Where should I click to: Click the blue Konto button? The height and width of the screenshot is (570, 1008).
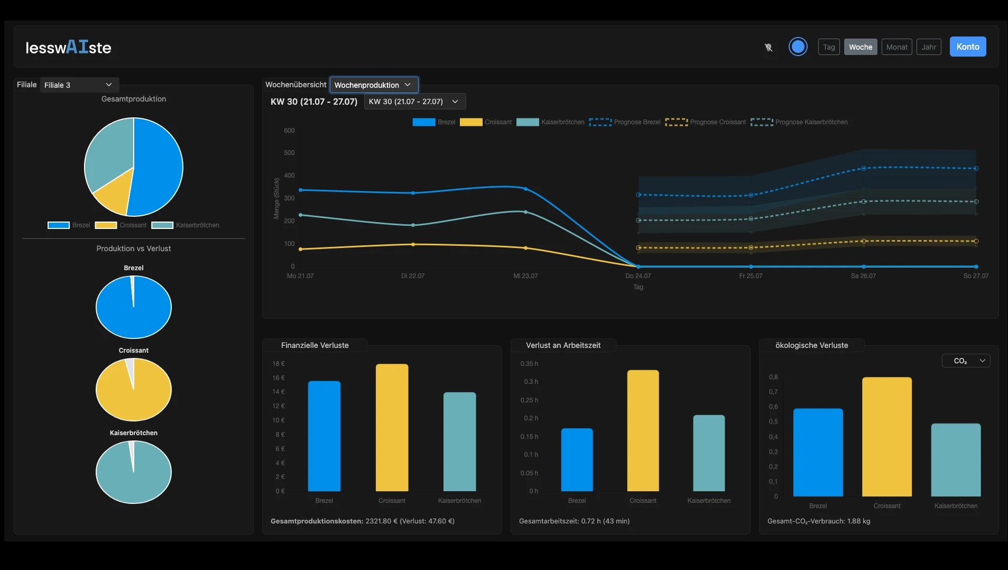tap(967, 47)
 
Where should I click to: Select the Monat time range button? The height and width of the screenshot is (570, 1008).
tap(896, 47)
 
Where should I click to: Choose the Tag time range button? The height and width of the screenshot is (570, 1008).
tap(828, 47)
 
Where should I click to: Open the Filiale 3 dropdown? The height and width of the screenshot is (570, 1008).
tap(79, 85)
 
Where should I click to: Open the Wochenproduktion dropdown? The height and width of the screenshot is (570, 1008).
tap(373, 85)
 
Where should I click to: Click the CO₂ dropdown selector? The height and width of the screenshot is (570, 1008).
tap(966, 361)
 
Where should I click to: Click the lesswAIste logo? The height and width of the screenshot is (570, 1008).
tap(68, 48)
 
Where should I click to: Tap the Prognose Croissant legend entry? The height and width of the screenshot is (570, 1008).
tap(706, 122)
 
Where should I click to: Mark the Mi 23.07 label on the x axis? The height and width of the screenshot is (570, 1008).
tap(525, 276)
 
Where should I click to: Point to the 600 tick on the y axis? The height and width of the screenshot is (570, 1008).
tap(289, 131)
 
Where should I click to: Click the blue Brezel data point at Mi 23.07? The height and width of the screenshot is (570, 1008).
tap(525, 189)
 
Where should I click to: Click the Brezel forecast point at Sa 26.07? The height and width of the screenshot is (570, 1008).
tap(863, 169)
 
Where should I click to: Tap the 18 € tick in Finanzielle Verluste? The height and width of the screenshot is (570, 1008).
tap(279, 364)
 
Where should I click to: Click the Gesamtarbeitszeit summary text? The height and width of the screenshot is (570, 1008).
tap(574, 521)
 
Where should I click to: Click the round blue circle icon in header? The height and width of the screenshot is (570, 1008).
tap(798, 47)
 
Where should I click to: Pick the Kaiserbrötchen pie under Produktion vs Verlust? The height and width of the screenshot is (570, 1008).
tap(134, 472)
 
